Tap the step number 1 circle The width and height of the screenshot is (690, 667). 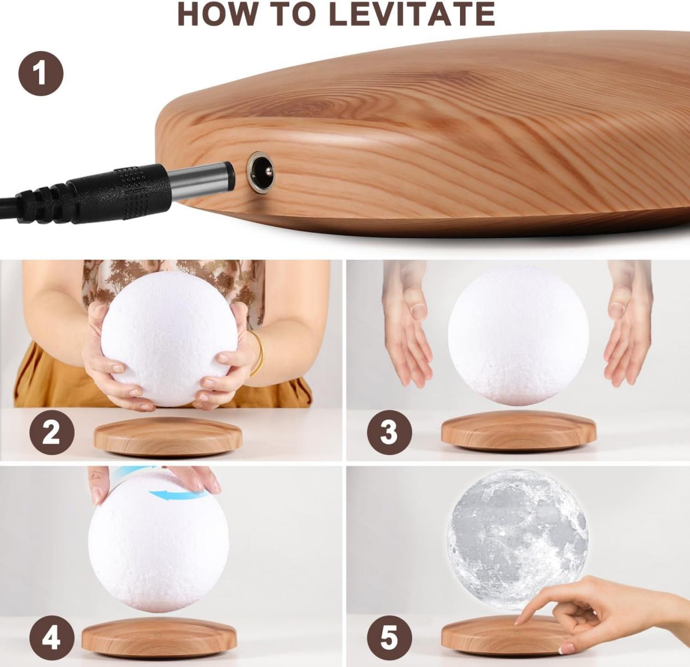point(41,73)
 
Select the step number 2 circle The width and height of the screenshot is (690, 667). point(52,433)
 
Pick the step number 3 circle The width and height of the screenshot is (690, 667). point(389,433)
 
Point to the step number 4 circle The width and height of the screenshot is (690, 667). point(52,637)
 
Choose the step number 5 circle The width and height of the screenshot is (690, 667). point(389,637)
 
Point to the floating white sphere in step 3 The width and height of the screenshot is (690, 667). point(518,334)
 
